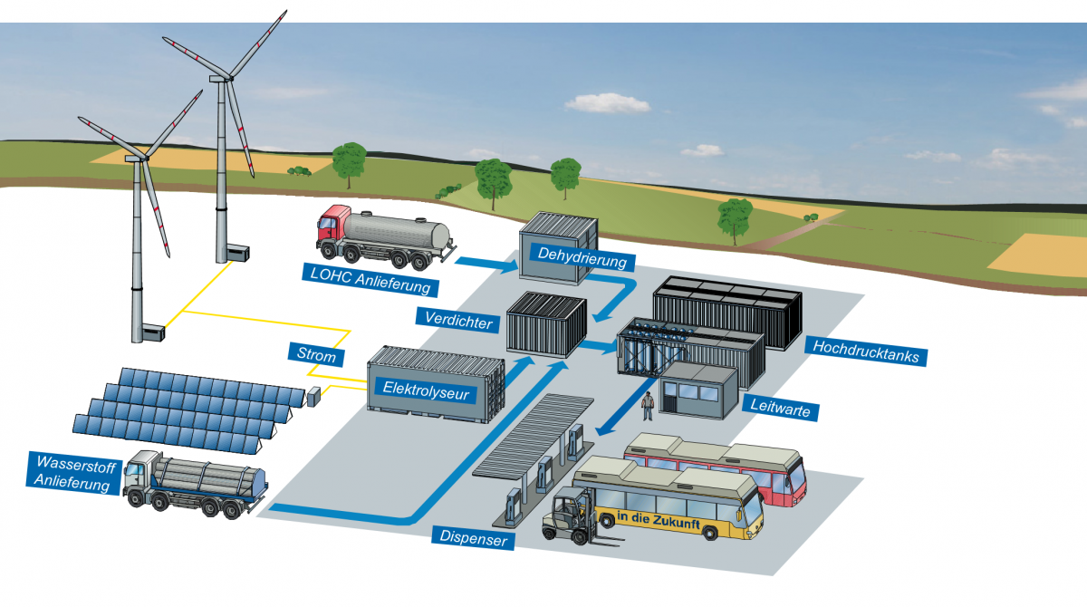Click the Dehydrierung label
(x=582, y=257)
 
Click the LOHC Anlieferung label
(x=370, y=280)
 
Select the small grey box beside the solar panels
(x=314, y=395)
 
